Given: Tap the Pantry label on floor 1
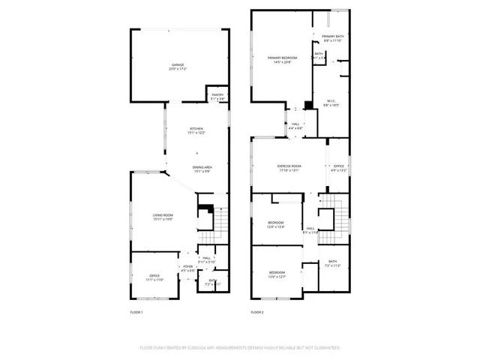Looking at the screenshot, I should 217,97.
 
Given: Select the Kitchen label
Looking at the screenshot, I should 196,130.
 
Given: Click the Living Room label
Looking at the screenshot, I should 163,217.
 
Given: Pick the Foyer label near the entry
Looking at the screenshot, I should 187,268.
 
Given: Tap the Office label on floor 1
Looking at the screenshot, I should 154,278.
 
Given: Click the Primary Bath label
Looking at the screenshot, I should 332,38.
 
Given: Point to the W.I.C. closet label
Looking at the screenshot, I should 331,103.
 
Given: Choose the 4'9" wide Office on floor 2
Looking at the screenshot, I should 338,168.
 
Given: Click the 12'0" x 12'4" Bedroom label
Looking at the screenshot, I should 276,224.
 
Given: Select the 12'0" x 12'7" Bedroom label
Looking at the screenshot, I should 277,274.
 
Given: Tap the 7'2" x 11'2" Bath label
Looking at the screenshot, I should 332,263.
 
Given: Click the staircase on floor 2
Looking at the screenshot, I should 342,221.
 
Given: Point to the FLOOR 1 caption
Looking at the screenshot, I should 136,311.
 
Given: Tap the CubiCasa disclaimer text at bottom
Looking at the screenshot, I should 240,348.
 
